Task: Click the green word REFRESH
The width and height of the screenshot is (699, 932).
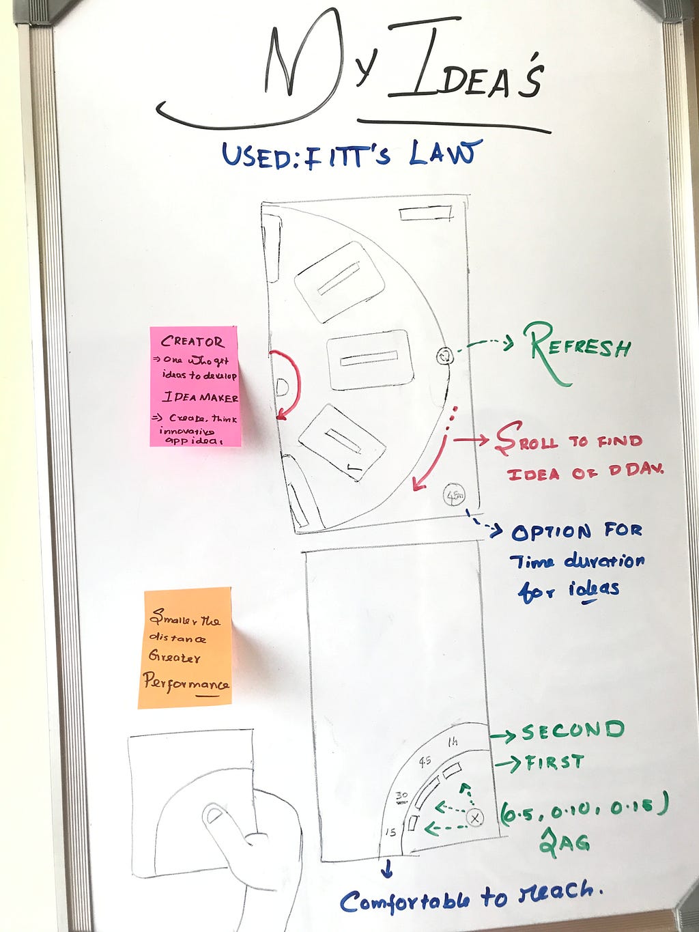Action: coord(580,346)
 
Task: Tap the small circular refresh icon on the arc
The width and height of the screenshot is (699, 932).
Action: coord(444,355)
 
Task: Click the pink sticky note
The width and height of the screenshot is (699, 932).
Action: coord(195,386)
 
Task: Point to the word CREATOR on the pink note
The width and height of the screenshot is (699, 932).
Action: coord(192,341)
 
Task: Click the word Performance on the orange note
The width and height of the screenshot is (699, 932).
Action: coord(186,682)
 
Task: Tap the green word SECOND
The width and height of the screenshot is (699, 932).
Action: coord(572,731)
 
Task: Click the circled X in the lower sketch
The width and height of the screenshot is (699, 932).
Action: coord(475,817)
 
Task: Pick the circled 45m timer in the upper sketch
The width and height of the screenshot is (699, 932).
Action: coord(454,493)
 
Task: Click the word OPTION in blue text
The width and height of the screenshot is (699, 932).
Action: coord(551,532)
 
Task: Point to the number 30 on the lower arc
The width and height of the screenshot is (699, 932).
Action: coord(401,796)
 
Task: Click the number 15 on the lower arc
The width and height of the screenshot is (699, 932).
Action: coord(390,832)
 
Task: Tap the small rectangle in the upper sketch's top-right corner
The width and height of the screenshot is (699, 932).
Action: coord(425,214)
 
